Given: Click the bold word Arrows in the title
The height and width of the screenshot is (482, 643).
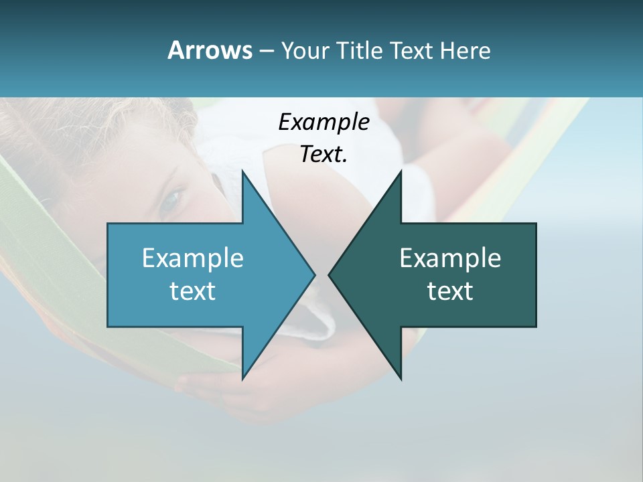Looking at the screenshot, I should click(209, 50).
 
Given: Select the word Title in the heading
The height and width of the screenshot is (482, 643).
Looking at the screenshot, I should click(358, 50).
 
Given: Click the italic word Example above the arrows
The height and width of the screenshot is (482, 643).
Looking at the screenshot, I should click(324, 122).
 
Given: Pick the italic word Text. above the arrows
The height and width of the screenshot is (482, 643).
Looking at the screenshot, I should click(324, 155).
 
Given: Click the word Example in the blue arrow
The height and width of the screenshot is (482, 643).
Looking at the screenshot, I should click(193, 258).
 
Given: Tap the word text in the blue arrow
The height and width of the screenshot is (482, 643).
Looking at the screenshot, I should click(193, 291).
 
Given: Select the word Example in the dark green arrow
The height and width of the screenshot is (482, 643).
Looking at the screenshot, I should click(450, 258).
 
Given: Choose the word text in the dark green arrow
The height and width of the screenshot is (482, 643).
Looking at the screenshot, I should click(450, 291).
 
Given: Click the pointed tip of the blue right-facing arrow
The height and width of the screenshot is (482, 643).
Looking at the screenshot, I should click(315, 275).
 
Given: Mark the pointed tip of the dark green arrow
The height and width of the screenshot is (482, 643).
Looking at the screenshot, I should click(329, 275).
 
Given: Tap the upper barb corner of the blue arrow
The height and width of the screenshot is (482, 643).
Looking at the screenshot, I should click(242, 171).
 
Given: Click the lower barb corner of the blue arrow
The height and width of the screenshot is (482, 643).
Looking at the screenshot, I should click(242, 379).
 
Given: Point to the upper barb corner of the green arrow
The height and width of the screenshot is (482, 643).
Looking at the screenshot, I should click(401, 171).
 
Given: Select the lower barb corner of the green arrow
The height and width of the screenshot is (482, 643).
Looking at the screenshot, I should click(401, 379).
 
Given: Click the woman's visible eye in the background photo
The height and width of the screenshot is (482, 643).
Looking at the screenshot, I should click(172, 197).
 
